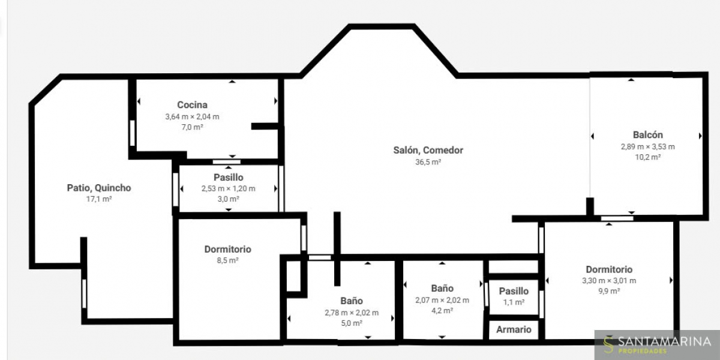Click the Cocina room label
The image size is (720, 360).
click(192, 105)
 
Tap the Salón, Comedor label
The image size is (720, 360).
click(428, 150)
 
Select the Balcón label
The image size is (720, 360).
click(647, 134)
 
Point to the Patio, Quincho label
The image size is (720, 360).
click(99, 188)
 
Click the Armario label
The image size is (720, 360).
click(514, 329)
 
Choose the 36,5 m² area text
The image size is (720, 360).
click(428, 162)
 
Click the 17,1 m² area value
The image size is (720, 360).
click(99, 199)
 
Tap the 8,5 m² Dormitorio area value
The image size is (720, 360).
click(227, 260)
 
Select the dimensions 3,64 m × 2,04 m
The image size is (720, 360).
click(192, 116)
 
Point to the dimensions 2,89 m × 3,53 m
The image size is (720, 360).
click(647, 147)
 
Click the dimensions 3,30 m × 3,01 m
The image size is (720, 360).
click(609, 281)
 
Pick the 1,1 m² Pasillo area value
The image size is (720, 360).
click(514, 302)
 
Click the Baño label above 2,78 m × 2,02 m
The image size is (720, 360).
click(352, 301)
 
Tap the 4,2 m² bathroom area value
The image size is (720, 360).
click(442, 311)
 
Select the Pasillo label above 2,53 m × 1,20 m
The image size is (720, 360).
click(229, 178)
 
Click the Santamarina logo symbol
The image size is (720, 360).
click(608, 345)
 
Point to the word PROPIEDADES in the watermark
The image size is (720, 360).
click(642, 351)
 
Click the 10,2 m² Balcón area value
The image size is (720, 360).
click(647, 157)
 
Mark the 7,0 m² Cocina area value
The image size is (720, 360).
click(192, 127)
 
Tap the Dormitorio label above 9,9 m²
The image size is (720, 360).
click(609, 269)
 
